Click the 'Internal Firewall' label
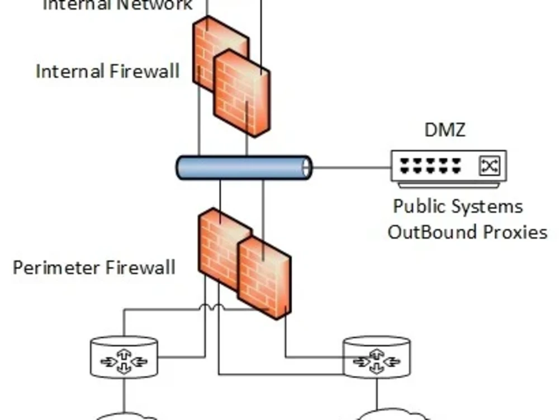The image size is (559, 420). (107, 72)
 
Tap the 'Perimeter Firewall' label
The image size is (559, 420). (94, 267)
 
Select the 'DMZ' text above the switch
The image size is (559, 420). (445, 130)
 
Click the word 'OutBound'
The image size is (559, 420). (428, 232)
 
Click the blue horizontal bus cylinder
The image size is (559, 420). (244, 168)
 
